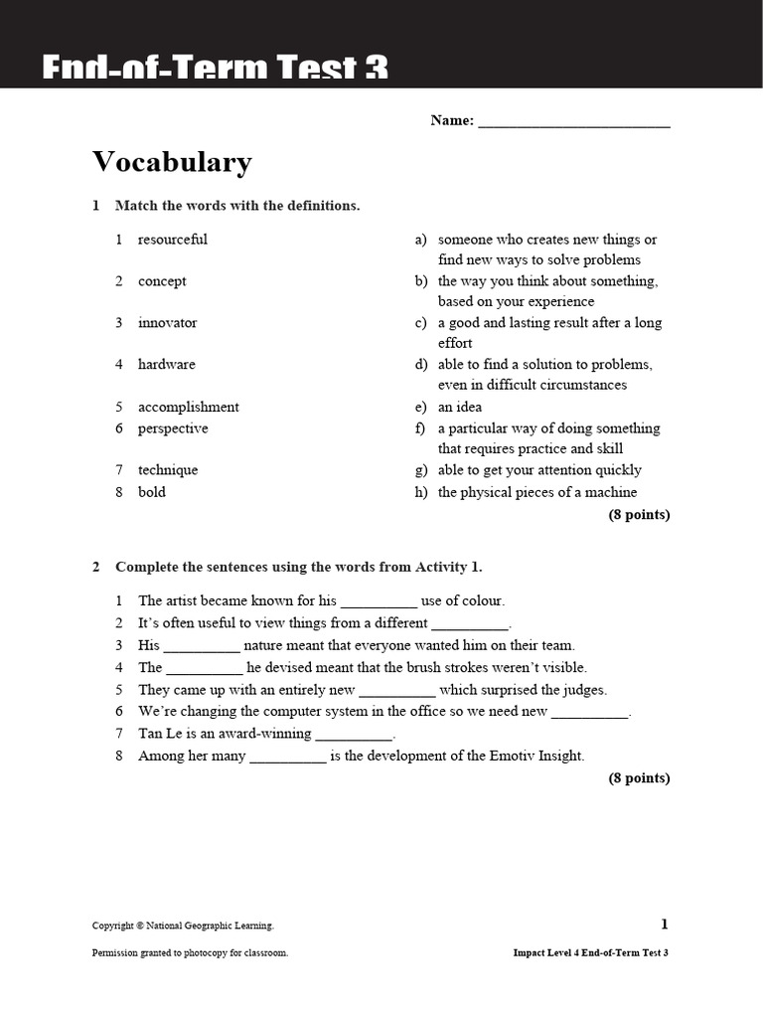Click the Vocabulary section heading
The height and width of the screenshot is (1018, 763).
tap(172, 162)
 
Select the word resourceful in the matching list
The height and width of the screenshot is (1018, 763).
tap(173, 240)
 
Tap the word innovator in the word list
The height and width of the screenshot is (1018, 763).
tap(167, 323)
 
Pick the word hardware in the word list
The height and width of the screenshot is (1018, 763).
tap(167, 365)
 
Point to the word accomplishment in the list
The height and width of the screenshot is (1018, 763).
tap(189, 407)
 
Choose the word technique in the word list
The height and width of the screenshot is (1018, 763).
tap(168, 470)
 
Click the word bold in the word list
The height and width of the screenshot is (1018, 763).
tap(152, 492)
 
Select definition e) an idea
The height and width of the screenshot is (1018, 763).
tap(459, 407)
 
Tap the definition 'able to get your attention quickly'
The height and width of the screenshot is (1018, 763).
tap(539, 470)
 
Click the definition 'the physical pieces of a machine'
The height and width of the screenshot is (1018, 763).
tap(537, 492)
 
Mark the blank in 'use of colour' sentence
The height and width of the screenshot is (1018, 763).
tap(379, 602)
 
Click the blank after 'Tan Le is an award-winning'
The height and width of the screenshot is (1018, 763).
tap(354, 736)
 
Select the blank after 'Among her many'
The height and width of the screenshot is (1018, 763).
tap(288, 758)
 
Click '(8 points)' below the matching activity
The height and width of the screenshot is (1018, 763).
tap(639, 515)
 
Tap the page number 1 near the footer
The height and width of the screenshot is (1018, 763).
tap(665, 925)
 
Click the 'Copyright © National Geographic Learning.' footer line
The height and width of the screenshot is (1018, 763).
tap(183, 927)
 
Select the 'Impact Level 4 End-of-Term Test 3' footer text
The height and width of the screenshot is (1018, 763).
tap(590, 952)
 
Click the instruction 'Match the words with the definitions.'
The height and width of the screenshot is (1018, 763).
tap(237, 206)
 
